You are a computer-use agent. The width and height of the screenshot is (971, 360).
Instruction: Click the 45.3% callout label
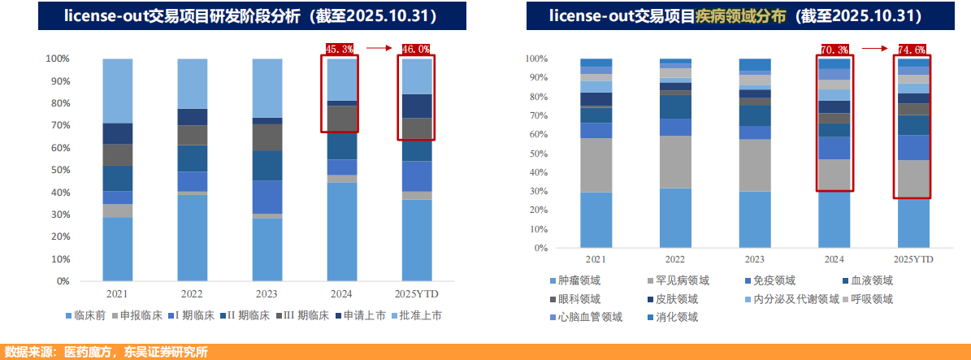tap(340, 49)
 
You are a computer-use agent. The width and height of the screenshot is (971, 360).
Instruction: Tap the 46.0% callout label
tap(415, 49)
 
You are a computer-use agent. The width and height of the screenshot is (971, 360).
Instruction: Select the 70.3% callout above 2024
tap(834, 49)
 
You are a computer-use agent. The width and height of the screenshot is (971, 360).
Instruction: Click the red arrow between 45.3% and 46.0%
tap(379, 49)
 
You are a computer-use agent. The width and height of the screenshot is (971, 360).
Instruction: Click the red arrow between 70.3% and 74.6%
tap(874, 49)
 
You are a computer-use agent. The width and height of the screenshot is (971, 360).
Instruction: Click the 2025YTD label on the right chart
tap(912, 259)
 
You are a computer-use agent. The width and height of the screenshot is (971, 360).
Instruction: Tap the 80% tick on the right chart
tap(536, 97)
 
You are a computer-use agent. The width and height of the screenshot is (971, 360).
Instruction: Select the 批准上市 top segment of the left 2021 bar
tap(118, 90)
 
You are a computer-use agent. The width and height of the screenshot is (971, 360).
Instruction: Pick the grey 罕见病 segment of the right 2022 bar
tap(675, 162)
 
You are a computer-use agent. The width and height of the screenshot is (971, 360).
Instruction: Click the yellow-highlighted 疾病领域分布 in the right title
tap(740, 15)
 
